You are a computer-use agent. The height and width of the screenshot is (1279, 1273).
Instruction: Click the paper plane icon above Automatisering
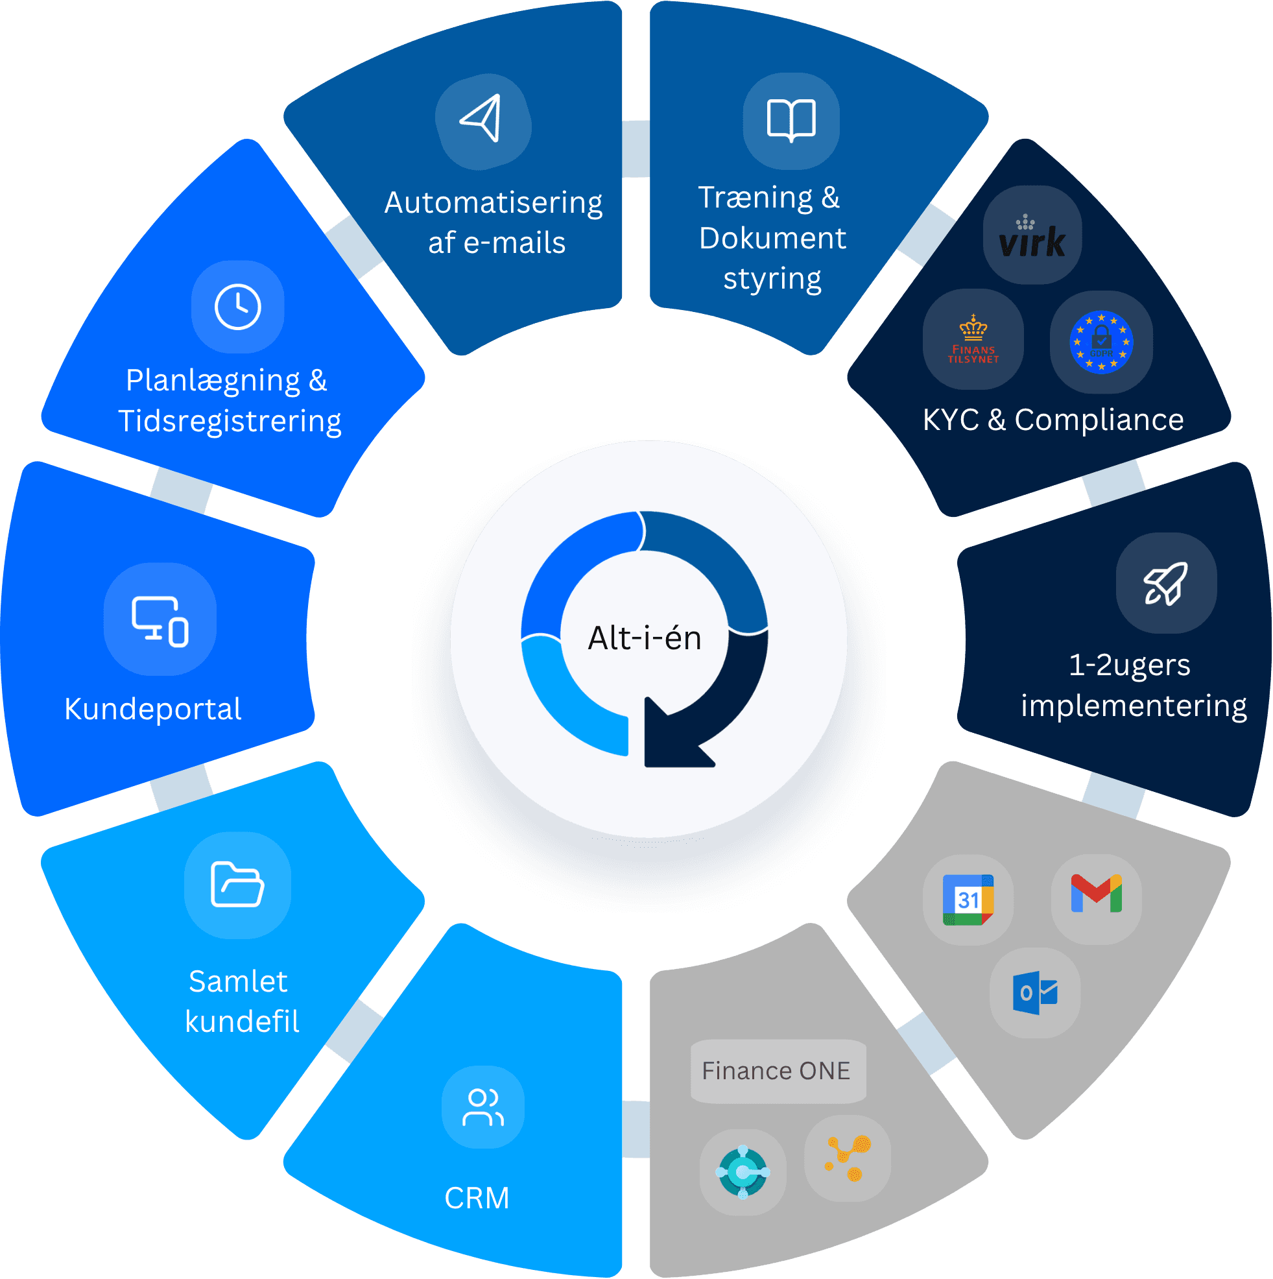[482, 119]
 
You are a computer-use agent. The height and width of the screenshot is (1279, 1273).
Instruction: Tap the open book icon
[791, 120]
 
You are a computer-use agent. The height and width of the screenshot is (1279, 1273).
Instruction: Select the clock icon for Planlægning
[237, 307]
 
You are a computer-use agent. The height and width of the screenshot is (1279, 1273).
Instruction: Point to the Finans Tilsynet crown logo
[973, 340]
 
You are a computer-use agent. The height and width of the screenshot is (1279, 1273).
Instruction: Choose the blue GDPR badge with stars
[1101, 342]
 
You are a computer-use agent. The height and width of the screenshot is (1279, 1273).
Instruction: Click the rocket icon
[1166, 583]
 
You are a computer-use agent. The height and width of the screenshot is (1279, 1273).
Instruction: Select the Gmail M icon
[1096, 894]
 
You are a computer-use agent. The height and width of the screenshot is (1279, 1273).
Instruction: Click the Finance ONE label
[777, 1071]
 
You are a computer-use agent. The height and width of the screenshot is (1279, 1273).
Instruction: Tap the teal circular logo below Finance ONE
[743, 1173]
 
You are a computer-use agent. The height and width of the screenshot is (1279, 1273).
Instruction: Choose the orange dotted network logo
[848, 1158]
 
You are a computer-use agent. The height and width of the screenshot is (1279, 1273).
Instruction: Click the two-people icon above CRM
[483, 1108]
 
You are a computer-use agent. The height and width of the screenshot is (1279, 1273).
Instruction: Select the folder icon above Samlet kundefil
[237, 885]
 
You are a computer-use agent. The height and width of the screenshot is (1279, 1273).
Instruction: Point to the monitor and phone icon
[160, 620]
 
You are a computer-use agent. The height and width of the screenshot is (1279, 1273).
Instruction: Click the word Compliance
[1099, 420]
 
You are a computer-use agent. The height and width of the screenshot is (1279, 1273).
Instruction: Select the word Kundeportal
[153, 709]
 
